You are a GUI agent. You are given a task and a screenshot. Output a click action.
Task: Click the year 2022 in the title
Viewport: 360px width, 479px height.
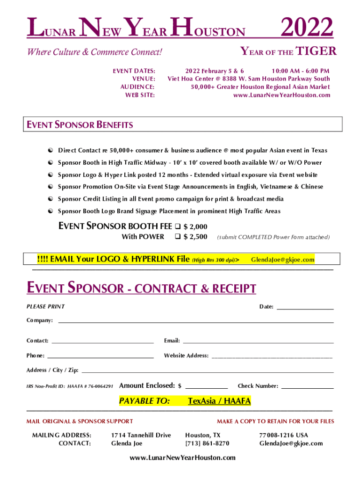click(307, 29)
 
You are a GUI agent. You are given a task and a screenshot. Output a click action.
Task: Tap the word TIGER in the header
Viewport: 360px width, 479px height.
click(317, 51)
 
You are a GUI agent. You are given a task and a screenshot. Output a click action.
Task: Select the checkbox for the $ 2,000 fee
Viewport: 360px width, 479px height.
click(177, 226)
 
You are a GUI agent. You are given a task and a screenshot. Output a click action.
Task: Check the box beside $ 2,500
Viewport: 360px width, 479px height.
click(177, 237)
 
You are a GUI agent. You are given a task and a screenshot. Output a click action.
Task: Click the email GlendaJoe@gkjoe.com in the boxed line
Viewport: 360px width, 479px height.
click(282, 260)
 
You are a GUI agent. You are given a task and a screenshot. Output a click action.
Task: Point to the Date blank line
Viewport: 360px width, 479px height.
click(305, 308)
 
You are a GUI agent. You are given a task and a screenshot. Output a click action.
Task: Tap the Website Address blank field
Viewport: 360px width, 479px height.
click(272, 357)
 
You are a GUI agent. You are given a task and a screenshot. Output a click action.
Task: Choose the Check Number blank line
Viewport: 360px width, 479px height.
click(307, 387)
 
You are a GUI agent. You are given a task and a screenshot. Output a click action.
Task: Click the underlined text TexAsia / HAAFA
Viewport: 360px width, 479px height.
click(219, 401)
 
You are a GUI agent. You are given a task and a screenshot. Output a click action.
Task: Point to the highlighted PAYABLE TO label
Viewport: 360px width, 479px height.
click(144, 401)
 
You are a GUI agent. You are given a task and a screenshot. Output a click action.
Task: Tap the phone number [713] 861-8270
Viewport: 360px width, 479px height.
click(207, 443)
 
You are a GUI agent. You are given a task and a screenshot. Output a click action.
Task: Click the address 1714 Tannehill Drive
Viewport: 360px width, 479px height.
click(141, 435)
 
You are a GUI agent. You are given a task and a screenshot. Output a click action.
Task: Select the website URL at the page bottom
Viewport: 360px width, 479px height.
click(182, 457)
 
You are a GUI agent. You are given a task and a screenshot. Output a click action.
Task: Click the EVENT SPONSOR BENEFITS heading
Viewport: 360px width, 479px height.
click(79, 125)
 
